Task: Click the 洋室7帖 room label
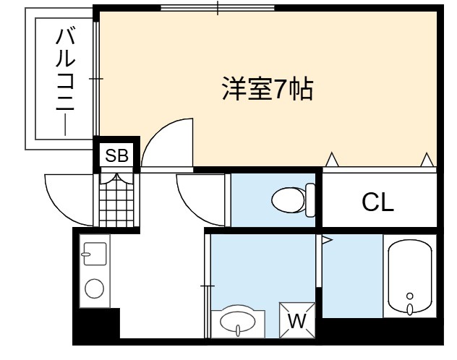pyautogui.click(x=268, y=89)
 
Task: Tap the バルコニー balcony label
pyautogui.click(x=66, y=81)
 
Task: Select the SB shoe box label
pyautogui.click(x=116, y=155)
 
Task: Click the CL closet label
pyautogui.click(x=377, y=202)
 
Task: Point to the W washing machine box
pyautogui.click(x=297, y=320)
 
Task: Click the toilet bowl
pyautogui.click(x=289, y=200)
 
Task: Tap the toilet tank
pyautogui.click(x=310, y=200)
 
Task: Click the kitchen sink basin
pyautogui.click(x=95, y=254)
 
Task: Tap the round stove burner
pyautogui.click(x=94, y=288)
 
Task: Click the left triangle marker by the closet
pyautogui.click(x=332, y=160)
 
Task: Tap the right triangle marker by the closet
pyautogui.click(x=427, y=160)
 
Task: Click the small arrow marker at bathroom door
pyautogui.click(x=327, y=240)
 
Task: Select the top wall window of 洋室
pyautogui.click(x=218, y=8)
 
